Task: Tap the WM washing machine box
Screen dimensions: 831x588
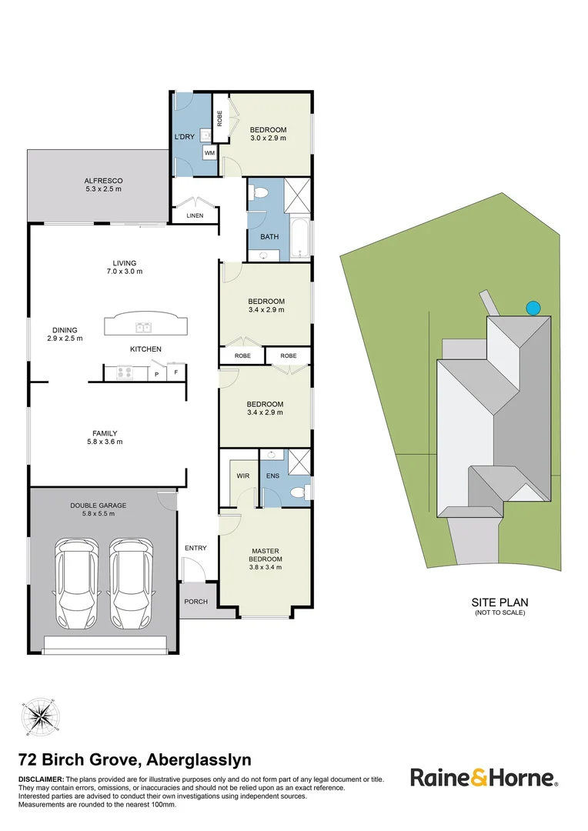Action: point(209,153)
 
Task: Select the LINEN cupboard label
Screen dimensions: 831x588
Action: point(195,215)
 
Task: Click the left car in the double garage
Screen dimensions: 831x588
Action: point(77,582)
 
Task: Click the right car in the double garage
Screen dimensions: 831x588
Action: point(130,582)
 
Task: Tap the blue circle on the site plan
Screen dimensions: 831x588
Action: point(532,308)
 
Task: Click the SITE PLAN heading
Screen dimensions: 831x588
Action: point(499,602)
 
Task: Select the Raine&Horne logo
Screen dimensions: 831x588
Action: point(483,777)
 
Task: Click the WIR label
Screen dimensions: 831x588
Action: point(242,476)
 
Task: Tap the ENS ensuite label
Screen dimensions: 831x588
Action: point(273,476)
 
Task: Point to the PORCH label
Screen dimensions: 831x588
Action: point(195,601)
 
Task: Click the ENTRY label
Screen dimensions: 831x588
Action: point(195,548)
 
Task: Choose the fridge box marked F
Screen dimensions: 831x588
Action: point(176,373)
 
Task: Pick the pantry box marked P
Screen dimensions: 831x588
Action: point(157,374)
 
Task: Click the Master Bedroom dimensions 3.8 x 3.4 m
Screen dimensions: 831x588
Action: point(267,567)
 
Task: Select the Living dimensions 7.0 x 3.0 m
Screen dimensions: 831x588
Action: point(124,272)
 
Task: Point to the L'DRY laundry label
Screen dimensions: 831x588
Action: point(185,136)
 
